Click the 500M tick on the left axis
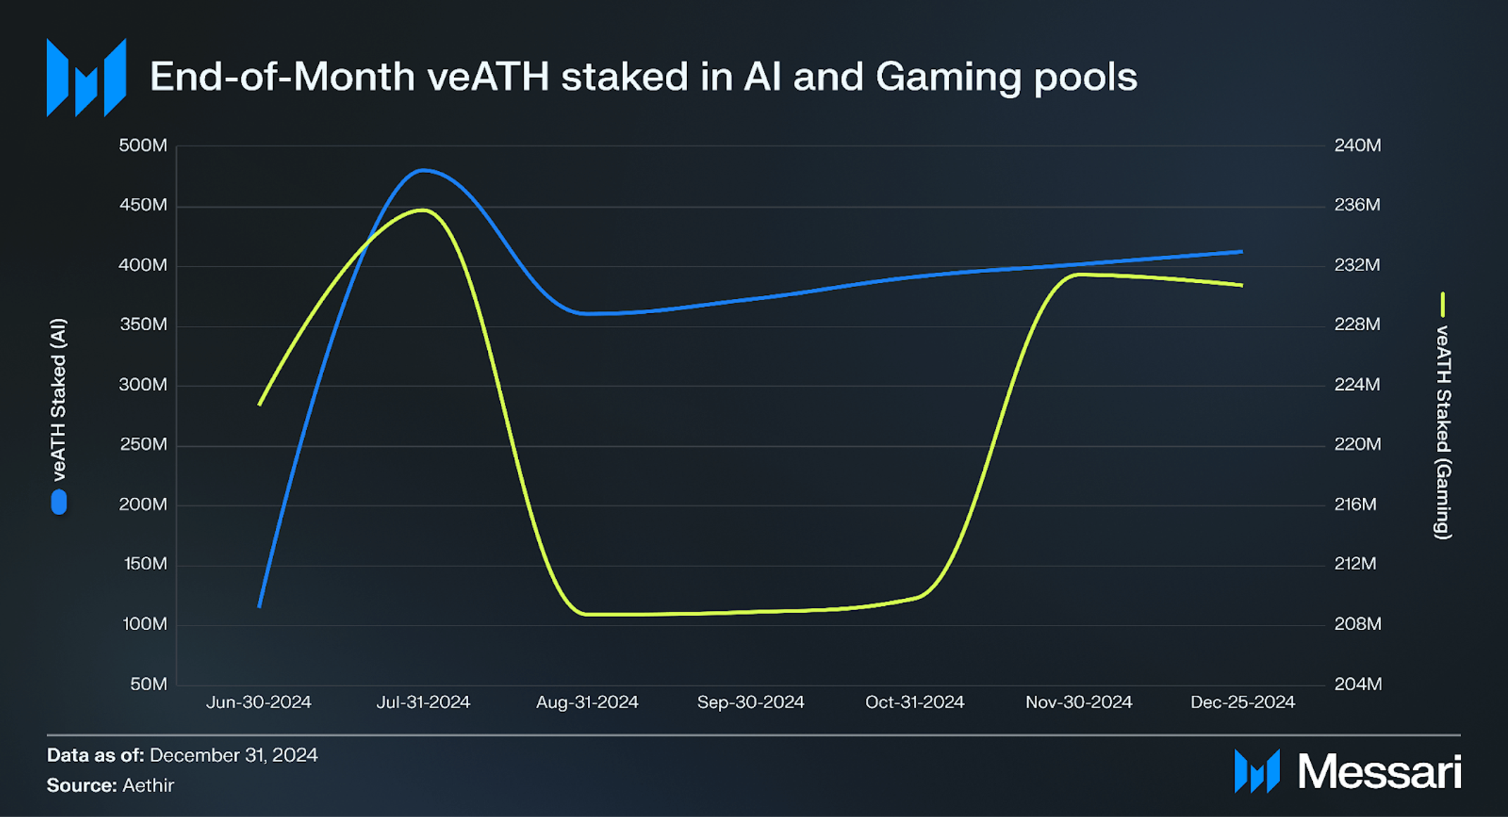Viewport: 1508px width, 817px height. [143, 146]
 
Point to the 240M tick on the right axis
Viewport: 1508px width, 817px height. [1357, 146]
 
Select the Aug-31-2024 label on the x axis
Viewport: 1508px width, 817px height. [587, 702]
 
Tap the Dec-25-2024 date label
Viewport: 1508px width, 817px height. [1243, 702]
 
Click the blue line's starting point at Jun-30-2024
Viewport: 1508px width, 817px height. [260, 605]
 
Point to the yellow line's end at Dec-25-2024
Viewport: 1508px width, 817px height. [1242, 285]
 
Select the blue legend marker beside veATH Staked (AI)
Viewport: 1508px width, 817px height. [59, 502]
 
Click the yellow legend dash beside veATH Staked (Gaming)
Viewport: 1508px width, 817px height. [1443, 305]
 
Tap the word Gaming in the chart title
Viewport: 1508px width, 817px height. [948, 77]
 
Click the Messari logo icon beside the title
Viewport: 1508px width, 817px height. [86, 77]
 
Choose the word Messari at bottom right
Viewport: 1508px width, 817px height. [1379, 772]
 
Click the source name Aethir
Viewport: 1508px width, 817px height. [148, 785]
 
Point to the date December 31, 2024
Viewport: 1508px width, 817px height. [234, 755]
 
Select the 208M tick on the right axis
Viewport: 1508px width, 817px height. [1357, 624]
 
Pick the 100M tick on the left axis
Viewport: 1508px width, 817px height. [144, 624]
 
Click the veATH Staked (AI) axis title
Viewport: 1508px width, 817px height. [59, 399]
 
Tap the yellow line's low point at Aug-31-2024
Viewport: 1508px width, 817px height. [587, 614]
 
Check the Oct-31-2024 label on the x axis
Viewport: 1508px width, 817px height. [915, 702]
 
